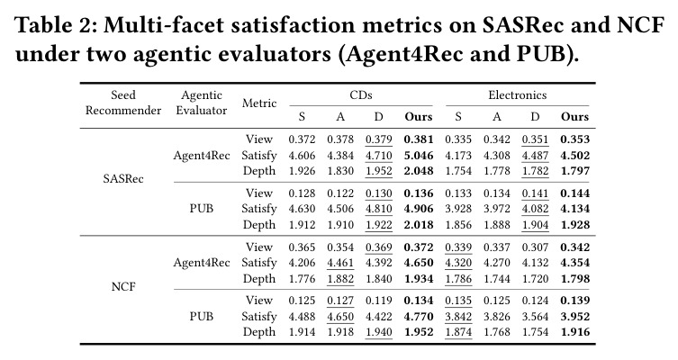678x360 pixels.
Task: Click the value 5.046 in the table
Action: [419, 155]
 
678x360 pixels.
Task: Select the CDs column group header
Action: [361, 95]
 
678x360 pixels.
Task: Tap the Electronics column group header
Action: [517, 95]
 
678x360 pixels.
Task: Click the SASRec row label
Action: [123, 178]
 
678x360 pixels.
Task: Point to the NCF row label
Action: [123, 286]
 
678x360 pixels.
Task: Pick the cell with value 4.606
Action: [302, 155]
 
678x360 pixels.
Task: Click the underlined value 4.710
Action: [379, 155]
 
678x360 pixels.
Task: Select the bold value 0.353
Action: [575, 139]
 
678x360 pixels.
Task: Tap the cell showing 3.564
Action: [536, 317]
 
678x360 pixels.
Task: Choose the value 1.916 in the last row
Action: [575, 332]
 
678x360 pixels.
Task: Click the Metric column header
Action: [259, 103]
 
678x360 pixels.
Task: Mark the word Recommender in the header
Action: [123, 110]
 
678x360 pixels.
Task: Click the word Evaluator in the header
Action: [202, 110]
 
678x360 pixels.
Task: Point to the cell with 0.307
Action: [536, 247]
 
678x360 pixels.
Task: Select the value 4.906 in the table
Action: [419, 209]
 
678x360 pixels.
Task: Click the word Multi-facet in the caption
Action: [164, 25]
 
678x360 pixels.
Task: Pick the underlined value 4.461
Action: [340, 263]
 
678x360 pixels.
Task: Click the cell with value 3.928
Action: [458, 209]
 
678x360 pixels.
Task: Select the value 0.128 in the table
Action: [302, 193]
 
